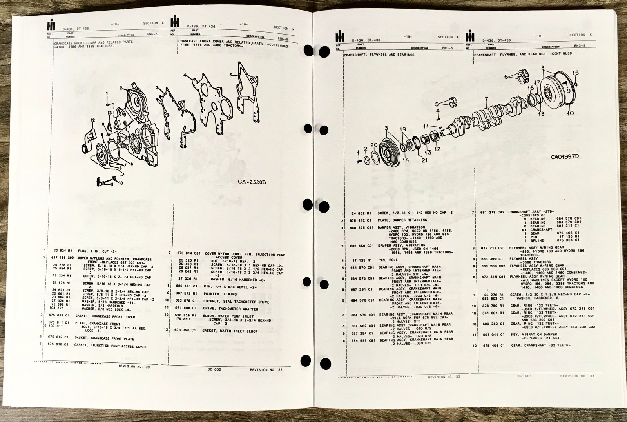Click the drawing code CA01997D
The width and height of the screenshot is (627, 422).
pyautogui.click(x=565, y=157)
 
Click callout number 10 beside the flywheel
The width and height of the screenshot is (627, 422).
pyautogui.click(x=570, y=113)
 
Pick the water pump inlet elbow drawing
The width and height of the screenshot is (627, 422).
pyautogui.click(x=88, y=138)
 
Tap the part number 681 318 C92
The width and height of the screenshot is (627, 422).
pyautogui.click(x=492, y=212)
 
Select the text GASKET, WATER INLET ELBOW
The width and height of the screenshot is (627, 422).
pyautogui.click(x=230, y=331)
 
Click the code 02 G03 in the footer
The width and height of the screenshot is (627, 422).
pyautogui.click(x=525, y=376)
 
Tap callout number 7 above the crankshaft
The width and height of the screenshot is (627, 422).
pyautogui.click(x=486, y=99)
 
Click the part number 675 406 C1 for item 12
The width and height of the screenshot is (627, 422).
pyautogui.click(x=491, y=346)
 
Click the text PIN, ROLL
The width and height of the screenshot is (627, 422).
pyautogui.click(x=388, y=260)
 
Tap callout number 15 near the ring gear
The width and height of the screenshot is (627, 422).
pyautogui.click(x=575, y=73)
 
